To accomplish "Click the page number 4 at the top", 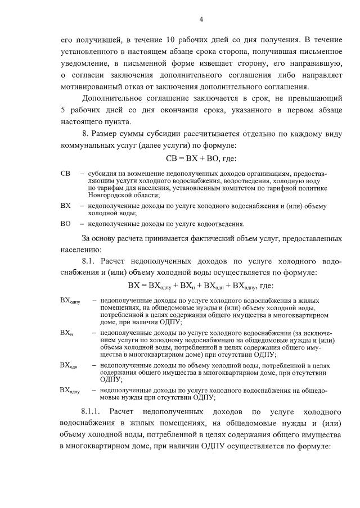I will point(201,20).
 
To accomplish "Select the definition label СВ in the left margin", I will point(65,174).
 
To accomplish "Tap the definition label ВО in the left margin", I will point(65,224).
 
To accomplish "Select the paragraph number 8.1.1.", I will point(92,411).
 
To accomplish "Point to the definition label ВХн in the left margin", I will point(66,333).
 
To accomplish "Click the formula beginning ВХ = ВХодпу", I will point(201,285).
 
